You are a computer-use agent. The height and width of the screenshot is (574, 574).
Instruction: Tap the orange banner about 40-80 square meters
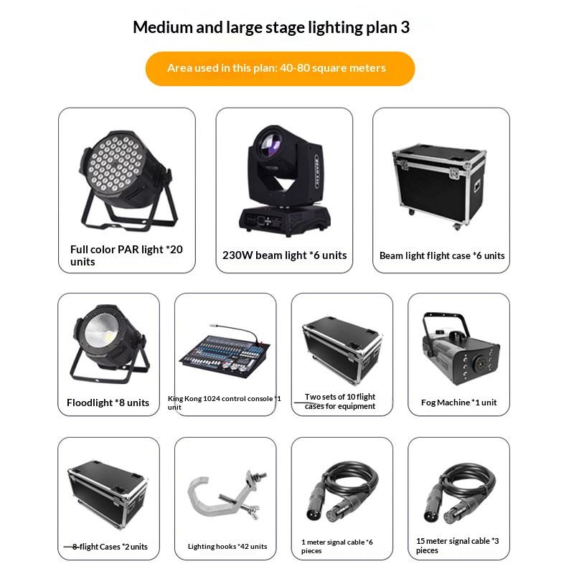coord(280,68)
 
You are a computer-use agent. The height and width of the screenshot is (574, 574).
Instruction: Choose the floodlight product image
coord(108,347)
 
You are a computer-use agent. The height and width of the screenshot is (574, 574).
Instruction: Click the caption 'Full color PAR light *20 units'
coord(126,255)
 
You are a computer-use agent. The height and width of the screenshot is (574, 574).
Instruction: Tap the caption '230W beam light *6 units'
coord(284,255)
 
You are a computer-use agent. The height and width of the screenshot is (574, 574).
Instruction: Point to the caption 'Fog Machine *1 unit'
coord(459,403)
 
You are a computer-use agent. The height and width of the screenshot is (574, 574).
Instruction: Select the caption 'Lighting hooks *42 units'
coord(227,547)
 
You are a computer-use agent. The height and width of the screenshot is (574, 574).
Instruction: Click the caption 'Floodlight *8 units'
coord(108,403)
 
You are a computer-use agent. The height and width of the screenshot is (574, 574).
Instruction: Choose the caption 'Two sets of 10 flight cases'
coord(340,402)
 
